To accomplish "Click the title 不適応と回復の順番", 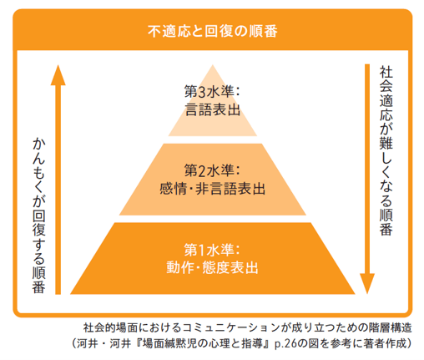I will (x=212, y=31).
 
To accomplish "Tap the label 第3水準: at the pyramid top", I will (x=212, y=89).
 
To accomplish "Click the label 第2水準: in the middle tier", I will (x=212, y=170).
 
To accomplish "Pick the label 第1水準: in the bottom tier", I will (x=212, y=250).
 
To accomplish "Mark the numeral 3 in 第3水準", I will (x=203, y=89).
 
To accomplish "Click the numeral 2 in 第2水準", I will (x=203, y=170).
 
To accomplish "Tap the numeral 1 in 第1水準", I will (x=203, y=250).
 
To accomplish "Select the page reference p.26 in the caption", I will (x=277, y=342).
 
